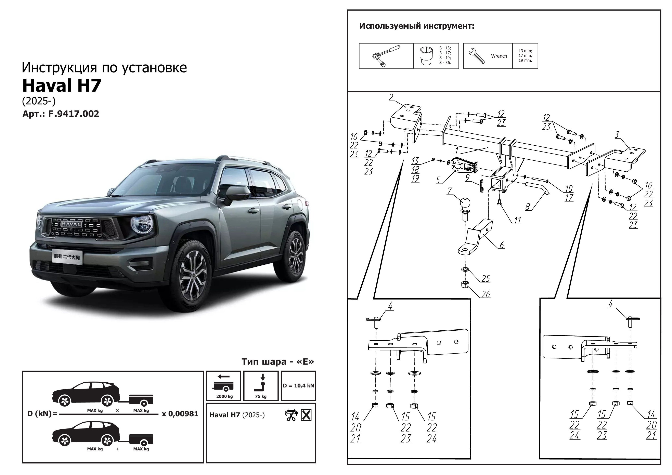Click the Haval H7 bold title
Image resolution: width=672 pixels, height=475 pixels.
[62, 85]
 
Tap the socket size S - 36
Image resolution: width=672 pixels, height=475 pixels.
[445, 63]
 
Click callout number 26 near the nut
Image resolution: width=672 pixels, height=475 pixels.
[485, 294]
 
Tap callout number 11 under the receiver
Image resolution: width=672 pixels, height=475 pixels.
[517, 220]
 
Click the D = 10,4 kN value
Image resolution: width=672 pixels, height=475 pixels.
[298, 386]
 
